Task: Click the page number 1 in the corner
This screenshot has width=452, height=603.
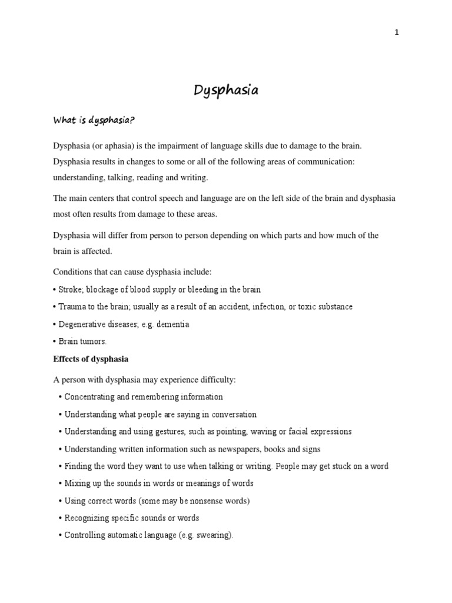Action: coord(397,32)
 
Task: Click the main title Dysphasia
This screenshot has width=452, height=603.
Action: coord(226,91)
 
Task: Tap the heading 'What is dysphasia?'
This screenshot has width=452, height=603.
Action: coord(94,121)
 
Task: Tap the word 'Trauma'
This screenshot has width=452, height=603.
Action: coord(72,307)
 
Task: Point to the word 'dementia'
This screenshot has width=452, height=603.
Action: coord(173,324)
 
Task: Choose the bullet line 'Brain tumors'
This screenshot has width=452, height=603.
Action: coord(82,341)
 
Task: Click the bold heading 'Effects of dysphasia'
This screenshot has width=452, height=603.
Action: coord(91,359)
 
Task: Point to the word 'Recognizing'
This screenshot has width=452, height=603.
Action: coord(87,518)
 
